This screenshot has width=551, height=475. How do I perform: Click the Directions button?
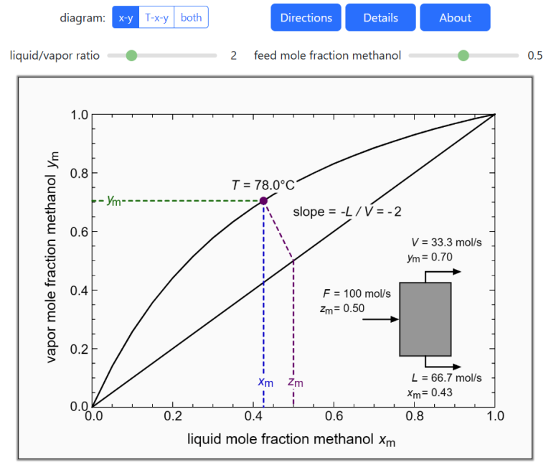tap(306, 17)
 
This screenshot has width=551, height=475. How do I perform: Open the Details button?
tap(380, 17)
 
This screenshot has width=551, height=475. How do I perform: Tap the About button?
tap(455, 17)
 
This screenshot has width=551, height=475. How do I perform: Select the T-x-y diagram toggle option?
tap(156, 17)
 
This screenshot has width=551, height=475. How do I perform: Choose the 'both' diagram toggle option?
tap(191, 17)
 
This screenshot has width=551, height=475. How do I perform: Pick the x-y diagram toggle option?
tap(126, 17)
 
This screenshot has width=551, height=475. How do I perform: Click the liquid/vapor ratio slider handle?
tap(131, 55)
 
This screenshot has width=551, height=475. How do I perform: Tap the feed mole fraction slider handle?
tap(463, 55)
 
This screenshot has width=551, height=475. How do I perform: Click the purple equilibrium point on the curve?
tap(263, 201)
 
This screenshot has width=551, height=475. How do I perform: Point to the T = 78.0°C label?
tap(263, 184)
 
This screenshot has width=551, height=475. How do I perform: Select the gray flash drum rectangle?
tap(425, 319)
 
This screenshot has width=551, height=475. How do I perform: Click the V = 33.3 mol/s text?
tap(441, 243)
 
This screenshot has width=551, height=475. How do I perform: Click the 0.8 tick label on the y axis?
tap(79, 173)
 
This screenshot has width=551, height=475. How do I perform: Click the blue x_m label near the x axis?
tap(265, 382)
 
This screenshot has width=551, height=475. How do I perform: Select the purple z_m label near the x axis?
tap(295, 382)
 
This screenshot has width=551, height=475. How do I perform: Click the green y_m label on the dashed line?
tap(113, 200)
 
